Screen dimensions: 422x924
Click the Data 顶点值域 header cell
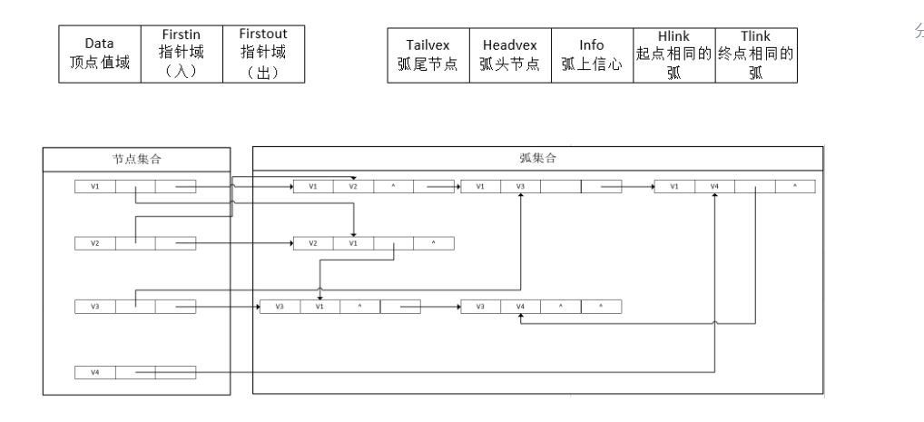click(x=99, y=54)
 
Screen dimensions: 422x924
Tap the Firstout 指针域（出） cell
click(x=263, y=54)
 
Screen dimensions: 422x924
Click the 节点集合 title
click(x=138, y=159)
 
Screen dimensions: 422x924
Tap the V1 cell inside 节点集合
click(x=94, y=187)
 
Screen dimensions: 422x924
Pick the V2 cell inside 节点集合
click(x=94, y=243)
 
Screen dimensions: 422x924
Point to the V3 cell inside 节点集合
click(x=94, y=307)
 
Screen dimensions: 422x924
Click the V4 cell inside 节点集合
click(x=94, y=372)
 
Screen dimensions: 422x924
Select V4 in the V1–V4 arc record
click(x=715, y=187)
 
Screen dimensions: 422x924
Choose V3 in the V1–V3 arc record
click(x=521, y=187)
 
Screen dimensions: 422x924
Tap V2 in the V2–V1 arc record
click(x=313, y=243)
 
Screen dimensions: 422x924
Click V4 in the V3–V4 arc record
click(x=521, y=307)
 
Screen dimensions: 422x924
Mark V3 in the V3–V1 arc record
click(x=280, y=307)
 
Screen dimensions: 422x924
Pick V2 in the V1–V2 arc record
click(x=353, y=187)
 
